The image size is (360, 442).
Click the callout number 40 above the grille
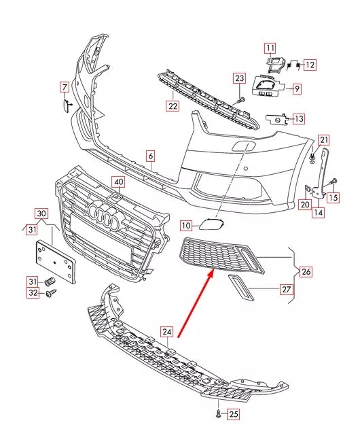point(118,182)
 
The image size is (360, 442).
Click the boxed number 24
point(167,331)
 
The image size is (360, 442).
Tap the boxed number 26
point(306,272)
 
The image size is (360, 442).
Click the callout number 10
point(185,225)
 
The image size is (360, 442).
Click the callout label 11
point(270,48)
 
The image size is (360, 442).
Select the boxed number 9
point(297,88)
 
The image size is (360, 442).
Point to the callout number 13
point(298,118)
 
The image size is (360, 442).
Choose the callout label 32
point(33,294)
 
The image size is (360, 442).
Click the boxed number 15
point(333,198)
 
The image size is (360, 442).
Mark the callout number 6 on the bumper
point(151,156)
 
